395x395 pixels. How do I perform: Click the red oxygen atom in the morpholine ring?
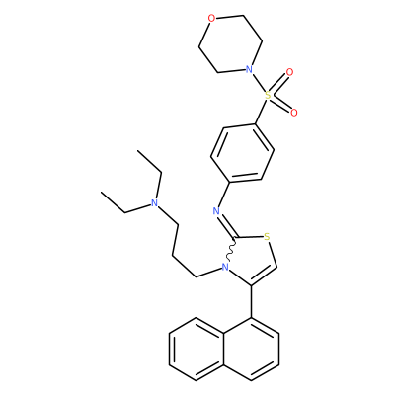point(212,19)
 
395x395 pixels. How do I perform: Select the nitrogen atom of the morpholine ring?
point(249,70)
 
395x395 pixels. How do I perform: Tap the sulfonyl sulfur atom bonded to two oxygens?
point(268,96)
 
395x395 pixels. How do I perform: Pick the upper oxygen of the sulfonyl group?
point(289,72)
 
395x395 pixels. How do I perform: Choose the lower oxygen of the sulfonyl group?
point(294,113)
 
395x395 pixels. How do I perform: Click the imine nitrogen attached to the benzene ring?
point(216,211)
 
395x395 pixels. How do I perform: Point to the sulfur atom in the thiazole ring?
point(267,237)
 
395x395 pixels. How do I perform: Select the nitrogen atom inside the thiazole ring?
point(225,267)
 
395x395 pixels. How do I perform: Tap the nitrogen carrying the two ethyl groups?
point(154,203)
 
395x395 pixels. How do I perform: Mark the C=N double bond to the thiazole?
point(227,225)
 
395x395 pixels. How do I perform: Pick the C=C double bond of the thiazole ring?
point(263,276)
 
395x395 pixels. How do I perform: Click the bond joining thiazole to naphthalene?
point(252,302)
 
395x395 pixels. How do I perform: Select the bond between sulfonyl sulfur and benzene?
point(262,112)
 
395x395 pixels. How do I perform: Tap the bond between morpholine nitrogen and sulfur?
point(258,83)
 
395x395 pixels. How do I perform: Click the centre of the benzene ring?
point(242,153)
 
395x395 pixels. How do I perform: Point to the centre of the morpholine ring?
point(230,44)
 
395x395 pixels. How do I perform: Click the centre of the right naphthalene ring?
point(252,350)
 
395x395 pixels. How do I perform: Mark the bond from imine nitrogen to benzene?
point(224,195)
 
